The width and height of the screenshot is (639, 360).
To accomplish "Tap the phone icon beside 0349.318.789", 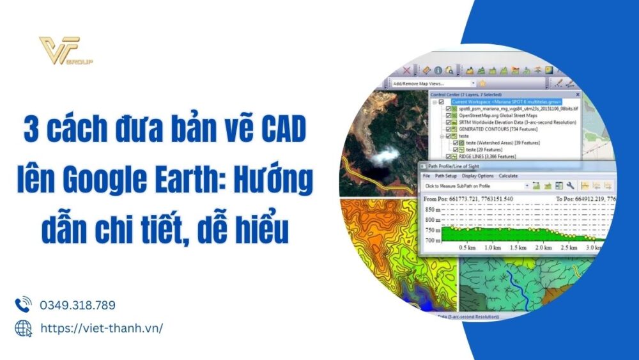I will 23,304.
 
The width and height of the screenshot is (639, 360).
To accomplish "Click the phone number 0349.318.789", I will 77,305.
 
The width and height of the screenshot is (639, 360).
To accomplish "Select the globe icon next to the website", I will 23,328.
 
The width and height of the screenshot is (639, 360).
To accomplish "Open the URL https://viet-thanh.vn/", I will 102,328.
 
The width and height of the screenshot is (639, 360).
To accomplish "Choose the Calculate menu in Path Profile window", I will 508,176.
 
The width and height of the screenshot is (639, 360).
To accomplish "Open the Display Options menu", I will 477,176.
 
